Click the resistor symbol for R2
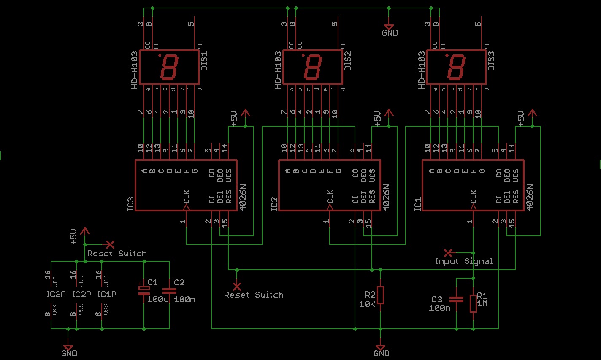(380, 295)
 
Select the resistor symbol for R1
(473, 303)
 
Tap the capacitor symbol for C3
(456, 299)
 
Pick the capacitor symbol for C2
(169, 290)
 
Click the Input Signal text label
(463, 261)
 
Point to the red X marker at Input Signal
(448, 252)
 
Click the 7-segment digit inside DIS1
(169, 67)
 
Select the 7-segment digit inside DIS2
(313, 67)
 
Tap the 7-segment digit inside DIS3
(456, 67)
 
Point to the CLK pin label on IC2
(330, 196)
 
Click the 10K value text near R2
(367, 304)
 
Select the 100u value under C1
(158, 300)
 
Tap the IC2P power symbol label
(81, 294)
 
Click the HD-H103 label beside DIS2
(278, 70)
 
